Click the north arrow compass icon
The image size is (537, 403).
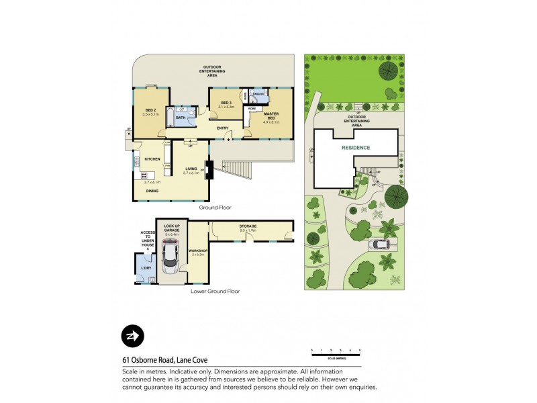click(132, 336)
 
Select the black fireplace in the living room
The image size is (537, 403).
click(209, 171)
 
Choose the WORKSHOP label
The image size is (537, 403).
click(199, 251)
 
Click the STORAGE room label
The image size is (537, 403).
click(248, 227)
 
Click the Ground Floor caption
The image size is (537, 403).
click(214, 208)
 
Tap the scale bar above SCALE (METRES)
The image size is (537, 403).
click(336, 351)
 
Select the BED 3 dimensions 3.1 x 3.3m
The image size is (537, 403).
click(227, 107)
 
